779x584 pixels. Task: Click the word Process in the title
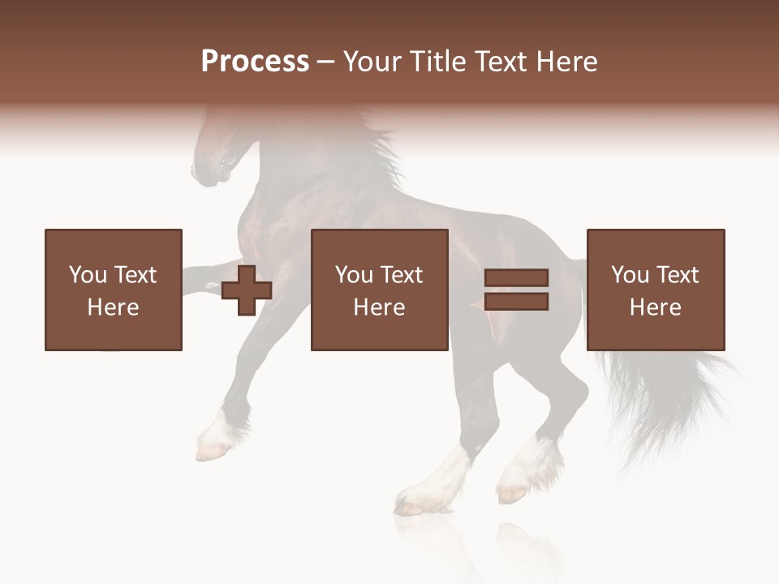[x=255, y=62]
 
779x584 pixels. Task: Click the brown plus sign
[x=247, y=290]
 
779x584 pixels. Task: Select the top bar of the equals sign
[x=516, y=278]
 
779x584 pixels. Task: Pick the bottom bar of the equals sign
[x=516, y=302]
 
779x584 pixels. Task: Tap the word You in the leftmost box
[x=87, y=275]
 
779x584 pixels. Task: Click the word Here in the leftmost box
[x=113, y=307]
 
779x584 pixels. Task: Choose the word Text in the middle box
[x=401, y=275]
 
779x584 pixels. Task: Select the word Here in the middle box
[x=379, y=307]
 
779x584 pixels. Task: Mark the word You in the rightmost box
[x=629, y=275]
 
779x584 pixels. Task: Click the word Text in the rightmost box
[x=677, y=275]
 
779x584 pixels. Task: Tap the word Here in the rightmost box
[x=655, y=307]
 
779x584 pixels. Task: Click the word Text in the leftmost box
[x=135, y=275]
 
